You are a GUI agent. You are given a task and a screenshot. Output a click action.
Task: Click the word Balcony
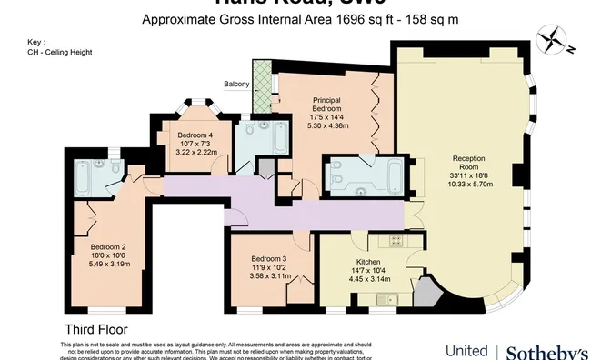click(237, 85)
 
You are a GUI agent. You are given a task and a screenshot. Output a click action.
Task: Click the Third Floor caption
click(95, 329)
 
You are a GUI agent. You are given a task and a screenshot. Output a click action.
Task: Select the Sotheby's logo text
click(546, 351)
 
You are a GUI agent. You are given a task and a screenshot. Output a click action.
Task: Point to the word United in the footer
click(467, 352)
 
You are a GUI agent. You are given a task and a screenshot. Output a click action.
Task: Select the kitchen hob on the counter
click(396, 240)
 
